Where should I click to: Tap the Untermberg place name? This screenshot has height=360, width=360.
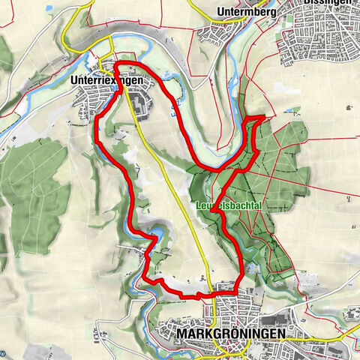tap(244, 12)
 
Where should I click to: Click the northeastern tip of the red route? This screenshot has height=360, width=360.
tap(263, 117)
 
